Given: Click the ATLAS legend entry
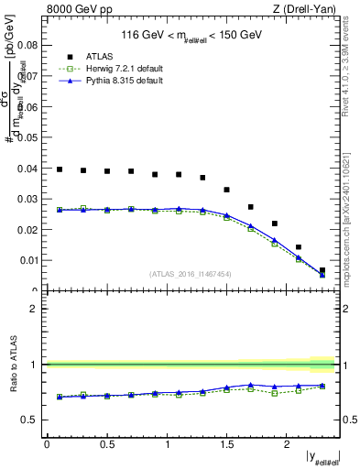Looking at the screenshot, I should (99, 57).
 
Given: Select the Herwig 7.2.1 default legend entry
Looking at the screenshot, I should (115, 69).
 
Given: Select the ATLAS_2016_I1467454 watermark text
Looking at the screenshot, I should (190, 274).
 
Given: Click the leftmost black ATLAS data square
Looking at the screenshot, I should (60, 169).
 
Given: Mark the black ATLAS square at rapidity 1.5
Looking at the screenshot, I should (227, 190).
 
